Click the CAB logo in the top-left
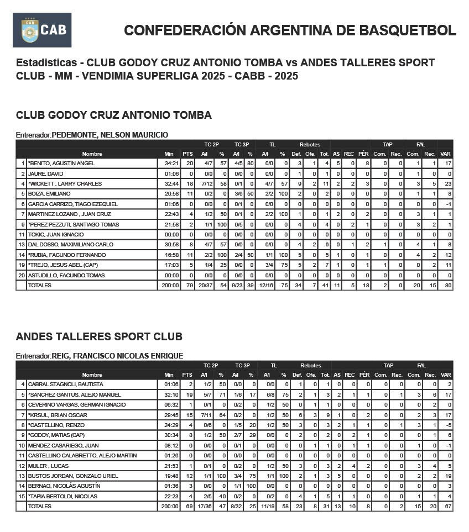[x=42, y=30]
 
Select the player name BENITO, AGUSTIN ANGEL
[x=62, y=164]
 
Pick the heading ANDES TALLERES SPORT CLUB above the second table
[x=99, y=336]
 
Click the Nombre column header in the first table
[x=92, y=154]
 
